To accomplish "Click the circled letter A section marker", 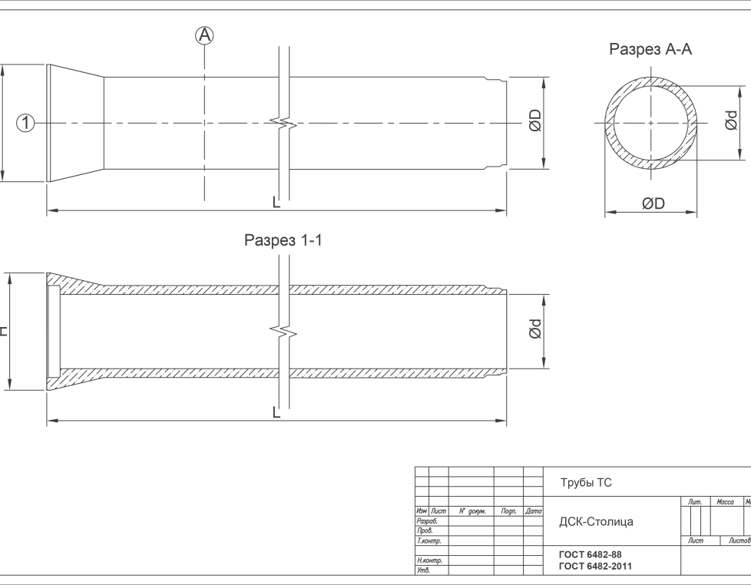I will pos(204,35).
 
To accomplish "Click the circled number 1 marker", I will pos(25,122).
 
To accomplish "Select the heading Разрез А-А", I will pos(650,50).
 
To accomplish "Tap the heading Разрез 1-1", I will pos(283,240).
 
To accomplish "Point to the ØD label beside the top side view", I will pos(534,121).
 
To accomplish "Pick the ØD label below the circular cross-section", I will pos(653,203).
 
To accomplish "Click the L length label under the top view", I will pos(276,203).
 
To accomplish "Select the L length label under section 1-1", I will pos(276,413).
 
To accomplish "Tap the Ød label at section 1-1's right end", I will pos(534,330).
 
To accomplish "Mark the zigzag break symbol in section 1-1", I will pos(283,332).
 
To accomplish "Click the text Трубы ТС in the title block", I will pos(586,483).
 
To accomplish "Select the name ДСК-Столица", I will pos(597,521).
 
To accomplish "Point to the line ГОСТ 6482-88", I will pos(591,554).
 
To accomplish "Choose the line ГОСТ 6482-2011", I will pos(596,566).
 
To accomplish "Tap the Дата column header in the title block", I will pos(534,511).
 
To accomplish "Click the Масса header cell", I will pos(725,502).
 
